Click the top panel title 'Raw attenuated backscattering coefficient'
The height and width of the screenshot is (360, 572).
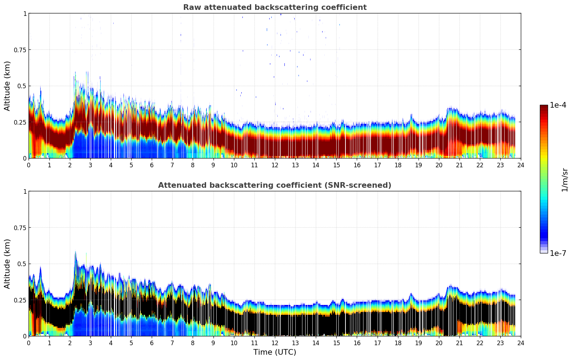(x=275, y=7)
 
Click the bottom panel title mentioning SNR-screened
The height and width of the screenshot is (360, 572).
(x=275, y=185)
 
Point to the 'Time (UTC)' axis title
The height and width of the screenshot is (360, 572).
(x=275, y=352)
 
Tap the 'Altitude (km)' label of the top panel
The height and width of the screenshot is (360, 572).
(x=7, y=86)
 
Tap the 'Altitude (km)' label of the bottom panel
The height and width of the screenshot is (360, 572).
(x=7, y=264)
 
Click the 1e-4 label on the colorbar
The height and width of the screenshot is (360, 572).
(x=558, y=105)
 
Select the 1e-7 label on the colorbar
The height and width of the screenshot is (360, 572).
(x=558, y=253)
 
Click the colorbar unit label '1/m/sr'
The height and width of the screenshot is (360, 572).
(x=565, y=180)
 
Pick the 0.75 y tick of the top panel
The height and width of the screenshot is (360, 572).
(x=20, y=50)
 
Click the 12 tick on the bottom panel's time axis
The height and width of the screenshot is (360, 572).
(x=275, y=343)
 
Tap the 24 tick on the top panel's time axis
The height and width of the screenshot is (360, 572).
(x=521, y=165)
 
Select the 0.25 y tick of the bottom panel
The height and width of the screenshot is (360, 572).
(x=20, y=300)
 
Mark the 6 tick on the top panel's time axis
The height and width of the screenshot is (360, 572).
(x=152, y=165)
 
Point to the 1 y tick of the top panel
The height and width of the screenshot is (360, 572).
(x=25, y=13)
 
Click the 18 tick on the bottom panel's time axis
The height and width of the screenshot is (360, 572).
(x=398, y=343)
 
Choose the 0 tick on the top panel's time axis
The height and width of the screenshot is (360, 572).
(x=29, y=165)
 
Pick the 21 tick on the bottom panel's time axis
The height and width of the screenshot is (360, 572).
(x=459, y=343)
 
